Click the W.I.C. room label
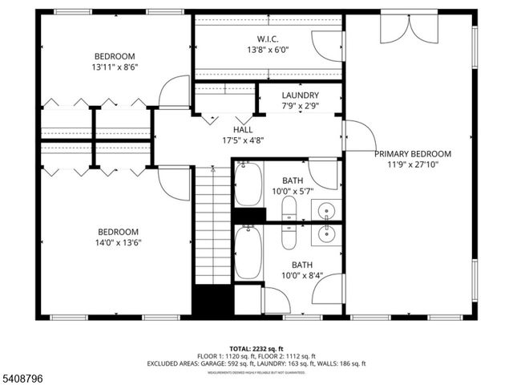[x=268, y=38]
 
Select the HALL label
[x=243, y=129]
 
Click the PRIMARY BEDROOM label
[x=413, y=154]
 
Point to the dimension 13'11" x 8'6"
[x=115, y=67]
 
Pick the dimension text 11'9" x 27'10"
[x=413, y=164]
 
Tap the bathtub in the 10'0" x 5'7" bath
[x=248, y=184]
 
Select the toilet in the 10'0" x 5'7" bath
[x=289, y=210]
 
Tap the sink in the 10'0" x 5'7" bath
[x=325, y=210]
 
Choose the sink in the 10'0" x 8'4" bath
[x=325, y=235]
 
